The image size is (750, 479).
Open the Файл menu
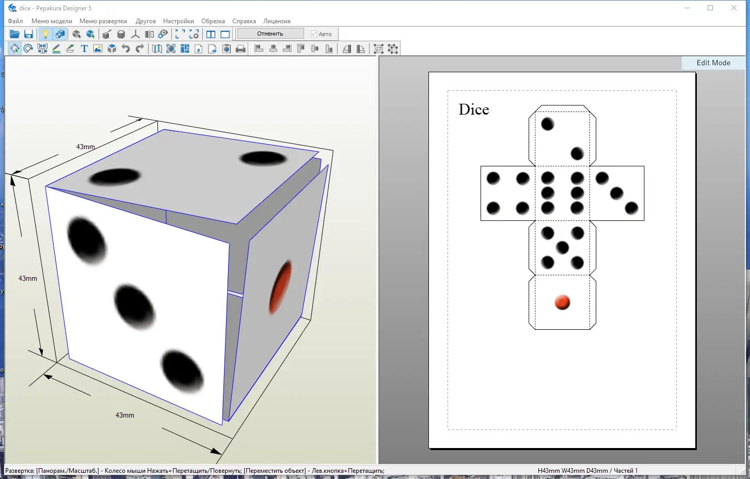15,21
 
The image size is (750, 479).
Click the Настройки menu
178,21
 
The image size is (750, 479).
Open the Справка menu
244,21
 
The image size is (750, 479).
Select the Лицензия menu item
277,21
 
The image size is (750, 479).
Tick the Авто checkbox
314,34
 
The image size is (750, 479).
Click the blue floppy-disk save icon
29,34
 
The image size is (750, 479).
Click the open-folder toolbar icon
14,34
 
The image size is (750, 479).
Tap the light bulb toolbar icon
45,34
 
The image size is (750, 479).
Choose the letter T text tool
84,49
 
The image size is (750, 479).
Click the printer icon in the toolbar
241,49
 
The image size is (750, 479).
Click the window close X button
734,8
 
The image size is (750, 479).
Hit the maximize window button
710,8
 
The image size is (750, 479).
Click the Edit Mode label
713,63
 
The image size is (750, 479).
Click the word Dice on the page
473,109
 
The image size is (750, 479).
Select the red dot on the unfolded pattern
562,302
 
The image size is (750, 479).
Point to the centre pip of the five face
562,248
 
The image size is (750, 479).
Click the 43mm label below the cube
125,415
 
